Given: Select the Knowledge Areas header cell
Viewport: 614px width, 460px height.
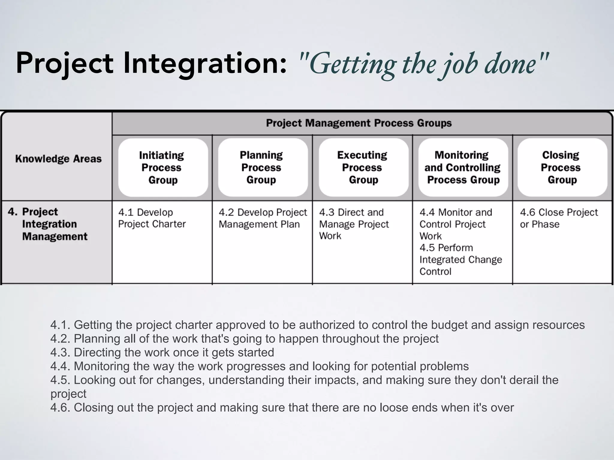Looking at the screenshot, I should coord(58,159).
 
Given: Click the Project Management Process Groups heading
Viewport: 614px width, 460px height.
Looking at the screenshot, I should coord(359,123).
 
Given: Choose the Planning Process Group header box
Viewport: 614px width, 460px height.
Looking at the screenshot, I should coord(261,167).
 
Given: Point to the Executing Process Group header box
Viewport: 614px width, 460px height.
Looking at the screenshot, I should coord(362,167).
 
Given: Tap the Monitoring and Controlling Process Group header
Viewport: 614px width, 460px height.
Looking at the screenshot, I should coord(463,167).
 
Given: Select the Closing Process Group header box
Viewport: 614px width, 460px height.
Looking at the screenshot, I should coord(561,167).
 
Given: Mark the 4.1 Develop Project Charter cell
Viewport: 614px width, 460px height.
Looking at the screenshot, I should coord(152,218).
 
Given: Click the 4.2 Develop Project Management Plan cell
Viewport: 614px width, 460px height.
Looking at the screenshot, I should coord(262,218).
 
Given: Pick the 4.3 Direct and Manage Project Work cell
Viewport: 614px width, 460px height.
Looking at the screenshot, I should coord(354,224).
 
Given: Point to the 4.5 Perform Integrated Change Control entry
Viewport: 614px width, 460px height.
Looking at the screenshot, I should coord(460,259).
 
